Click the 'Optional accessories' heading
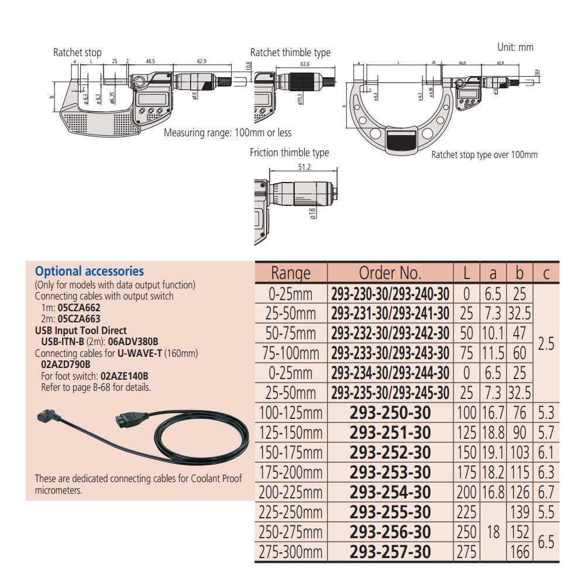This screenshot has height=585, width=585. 90,271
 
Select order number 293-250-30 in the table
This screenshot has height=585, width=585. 390,413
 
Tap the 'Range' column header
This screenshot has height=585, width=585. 291,273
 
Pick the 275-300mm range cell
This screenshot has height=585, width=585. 291,552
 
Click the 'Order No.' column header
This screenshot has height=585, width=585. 390,273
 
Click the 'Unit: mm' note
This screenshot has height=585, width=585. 515,47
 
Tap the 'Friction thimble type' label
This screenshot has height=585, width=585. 289,153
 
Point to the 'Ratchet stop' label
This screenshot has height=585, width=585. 77,53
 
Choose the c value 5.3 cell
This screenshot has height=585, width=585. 546,413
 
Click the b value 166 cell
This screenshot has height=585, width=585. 519,552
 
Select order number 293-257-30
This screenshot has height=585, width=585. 390,552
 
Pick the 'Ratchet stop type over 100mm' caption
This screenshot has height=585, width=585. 484,155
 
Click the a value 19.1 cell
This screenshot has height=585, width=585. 493,453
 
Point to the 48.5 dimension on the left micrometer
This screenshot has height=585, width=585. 150,61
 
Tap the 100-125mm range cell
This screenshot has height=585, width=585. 291,413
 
